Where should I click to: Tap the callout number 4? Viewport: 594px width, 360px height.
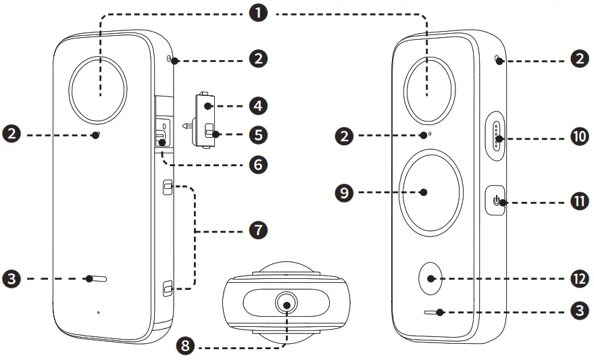257,106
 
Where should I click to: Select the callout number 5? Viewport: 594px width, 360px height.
257,134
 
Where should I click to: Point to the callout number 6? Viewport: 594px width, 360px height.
257,163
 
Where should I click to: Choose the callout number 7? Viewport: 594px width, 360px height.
257,230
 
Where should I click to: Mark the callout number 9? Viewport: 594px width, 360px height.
345,192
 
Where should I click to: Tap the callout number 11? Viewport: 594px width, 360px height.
578,201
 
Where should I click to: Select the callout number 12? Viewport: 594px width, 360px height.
578,278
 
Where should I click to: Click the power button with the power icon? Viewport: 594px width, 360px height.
497,201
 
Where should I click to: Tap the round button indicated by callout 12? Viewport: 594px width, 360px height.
432,278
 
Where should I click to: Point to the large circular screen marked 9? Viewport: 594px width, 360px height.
430,192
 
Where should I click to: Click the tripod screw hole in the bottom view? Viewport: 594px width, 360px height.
287,305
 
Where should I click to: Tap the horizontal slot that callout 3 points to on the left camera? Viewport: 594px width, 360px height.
99,278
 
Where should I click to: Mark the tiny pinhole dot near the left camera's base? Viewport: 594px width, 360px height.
99,312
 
